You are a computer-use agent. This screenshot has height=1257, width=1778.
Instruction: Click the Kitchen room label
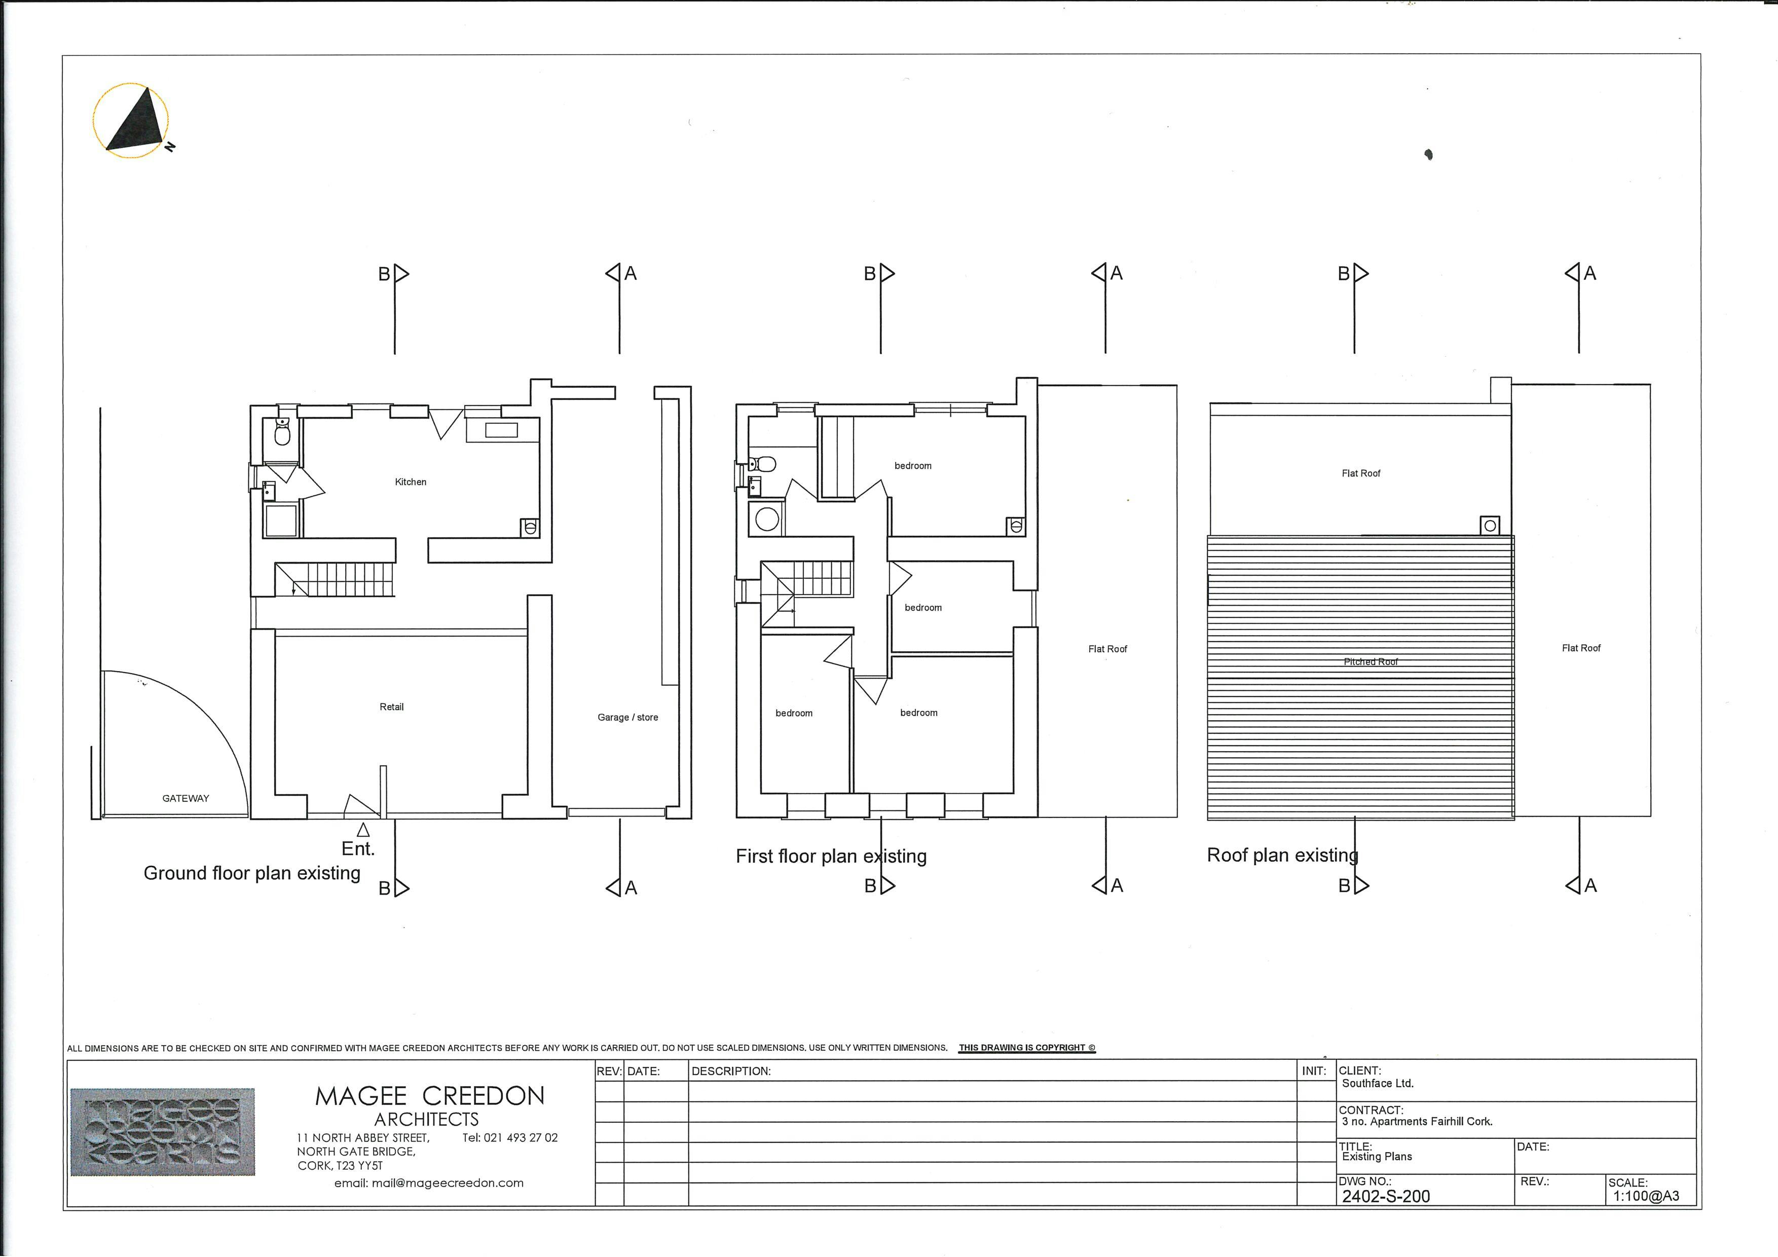(x=411, y=482)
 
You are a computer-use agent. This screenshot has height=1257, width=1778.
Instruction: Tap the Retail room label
(x=392, y=707)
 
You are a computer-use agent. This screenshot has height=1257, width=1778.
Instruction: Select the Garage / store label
(x=628, y=717)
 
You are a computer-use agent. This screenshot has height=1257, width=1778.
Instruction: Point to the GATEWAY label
(x=186, y=798)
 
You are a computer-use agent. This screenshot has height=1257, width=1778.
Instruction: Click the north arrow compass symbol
(x=132, y=121)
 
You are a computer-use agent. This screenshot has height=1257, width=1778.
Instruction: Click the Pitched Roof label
(x=1370, y=661)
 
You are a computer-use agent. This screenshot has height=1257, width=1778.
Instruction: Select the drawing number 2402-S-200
(x=1386, y=1196)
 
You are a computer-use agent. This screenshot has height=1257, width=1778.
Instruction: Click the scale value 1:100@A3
(x=1646, y=1196)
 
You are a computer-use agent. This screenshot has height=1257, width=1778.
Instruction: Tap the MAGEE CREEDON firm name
(x=430, y=1096)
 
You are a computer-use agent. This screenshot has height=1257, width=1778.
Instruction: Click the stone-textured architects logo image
(x=163, y=1131)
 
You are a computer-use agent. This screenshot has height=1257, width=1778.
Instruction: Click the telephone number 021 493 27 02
(x=510, y=1138)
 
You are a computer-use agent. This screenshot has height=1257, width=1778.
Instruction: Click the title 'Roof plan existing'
(x=1282, y=855)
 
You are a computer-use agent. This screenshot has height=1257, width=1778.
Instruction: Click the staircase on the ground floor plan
(x=335, y=579)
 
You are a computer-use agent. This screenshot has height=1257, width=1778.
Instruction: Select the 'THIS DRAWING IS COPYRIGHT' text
(x=1027, y=1048)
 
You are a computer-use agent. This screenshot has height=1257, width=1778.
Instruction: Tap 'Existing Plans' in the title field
(x=1377, y=1156)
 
